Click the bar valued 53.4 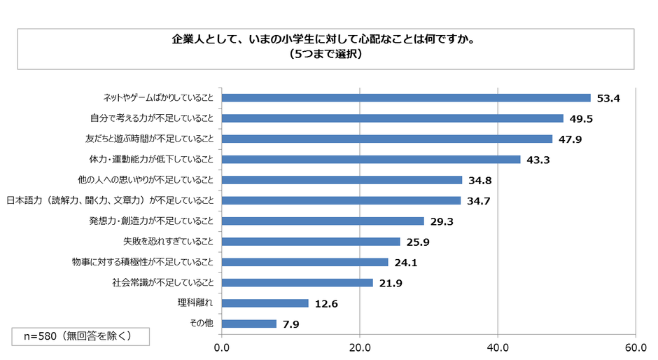point(406,97)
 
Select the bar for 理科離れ point(265,303)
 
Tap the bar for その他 point(249,324)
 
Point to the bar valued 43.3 point(371,159)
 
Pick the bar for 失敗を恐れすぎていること point(311,242)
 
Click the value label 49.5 point(580,118)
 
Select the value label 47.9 point(569,139)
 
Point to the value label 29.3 point(441,221)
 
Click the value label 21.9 point(390,283)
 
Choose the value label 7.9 point(290,324)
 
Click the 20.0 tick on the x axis point(360,347)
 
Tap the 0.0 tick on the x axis point(222,347)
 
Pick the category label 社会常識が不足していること point(162,283)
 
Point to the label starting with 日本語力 point(109,200)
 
